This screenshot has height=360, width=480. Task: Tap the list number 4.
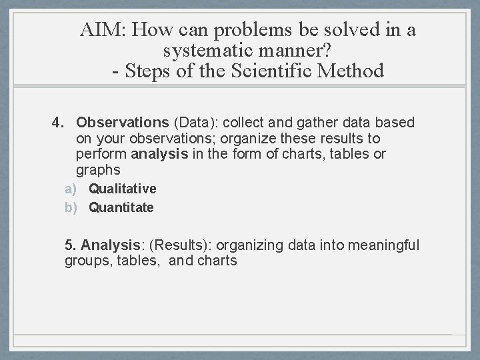coord(59,123)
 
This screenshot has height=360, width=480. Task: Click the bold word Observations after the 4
coord(123,123)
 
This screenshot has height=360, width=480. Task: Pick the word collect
coord(245,123)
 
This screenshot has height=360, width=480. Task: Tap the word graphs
coord(98,170)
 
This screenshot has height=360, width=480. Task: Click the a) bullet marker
coord(71,189)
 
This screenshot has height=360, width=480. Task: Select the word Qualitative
coord(123,189)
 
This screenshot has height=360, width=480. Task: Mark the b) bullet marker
coord(71,207)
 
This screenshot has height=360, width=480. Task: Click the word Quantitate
coord(121,207)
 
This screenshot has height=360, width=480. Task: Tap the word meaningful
coord(382,245)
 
